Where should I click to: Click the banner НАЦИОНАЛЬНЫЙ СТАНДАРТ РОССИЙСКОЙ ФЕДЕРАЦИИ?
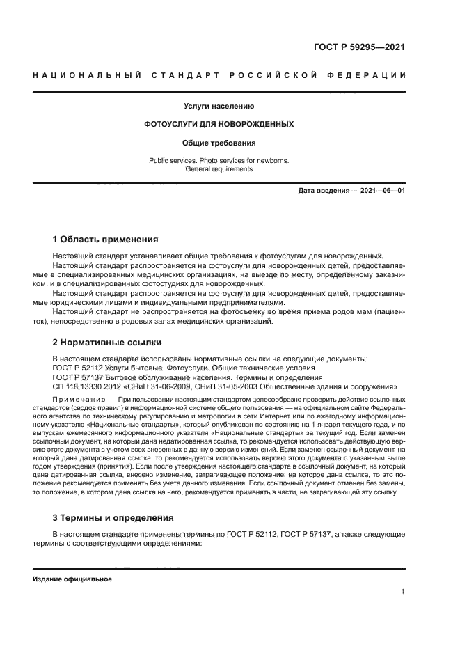click(x=219, y=75)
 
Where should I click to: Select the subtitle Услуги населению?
click(x=219, y=107)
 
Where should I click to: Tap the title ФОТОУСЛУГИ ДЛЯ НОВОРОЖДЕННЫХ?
click(x=219, y=125)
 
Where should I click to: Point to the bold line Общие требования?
click(x=219, y=143)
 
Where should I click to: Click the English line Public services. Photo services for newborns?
click(x=219, y=160)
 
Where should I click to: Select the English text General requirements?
click(x=219, y=169)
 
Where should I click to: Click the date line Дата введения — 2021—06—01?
click(x=351, y=190)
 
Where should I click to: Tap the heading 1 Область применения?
click(x=106, y=239)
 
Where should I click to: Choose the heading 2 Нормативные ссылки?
click(x=107, y=342)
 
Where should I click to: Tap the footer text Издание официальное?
click(x=72, y=579)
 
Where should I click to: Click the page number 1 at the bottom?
click(x=403, y=592)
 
